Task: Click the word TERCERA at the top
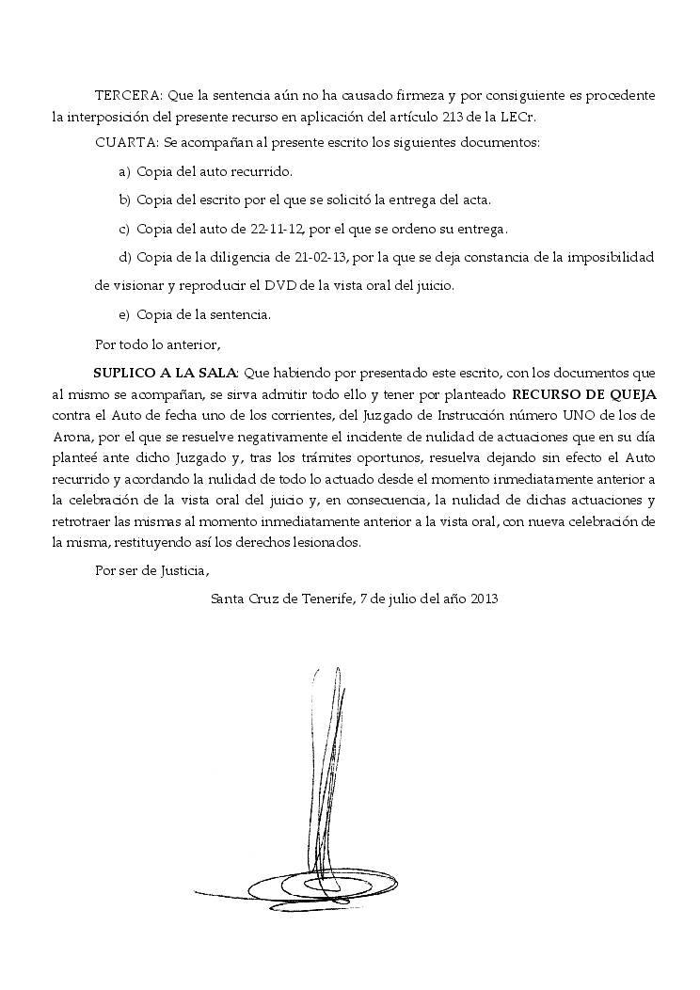point(127,96)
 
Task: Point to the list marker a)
point(123,172)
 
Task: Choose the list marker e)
point(123,314)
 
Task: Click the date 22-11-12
point(266,229)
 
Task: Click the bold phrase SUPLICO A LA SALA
point(166,372)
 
